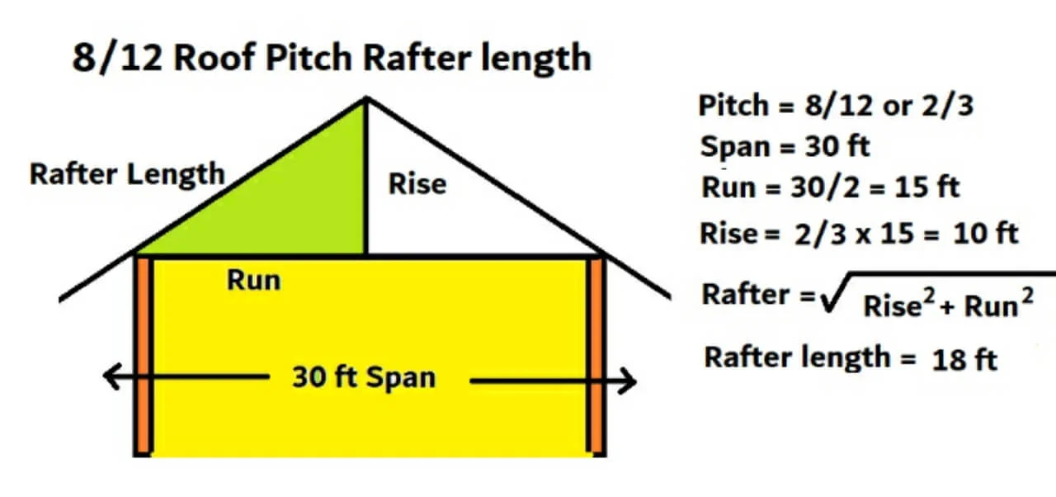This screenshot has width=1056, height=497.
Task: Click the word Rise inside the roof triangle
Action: [417, 183]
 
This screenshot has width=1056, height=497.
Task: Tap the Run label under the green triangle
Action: [254, 280]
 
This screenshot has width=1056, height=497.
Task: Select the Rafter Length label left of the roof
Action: [127, 174]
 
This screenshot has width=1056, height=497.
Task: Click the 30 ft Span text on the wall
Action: [363, 377]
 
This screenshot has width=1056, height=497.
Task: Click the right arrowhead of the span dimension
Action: [629, 381]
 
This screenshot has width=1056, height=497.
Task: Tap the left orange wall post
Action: [144, 355]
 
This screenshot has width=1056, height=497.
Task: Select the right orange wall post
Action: [596, 355]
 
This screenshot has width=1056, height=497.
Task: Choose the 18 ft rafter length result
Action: [965, 360]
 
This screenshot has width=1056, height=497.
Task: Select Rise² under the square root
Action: [897, 305]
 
